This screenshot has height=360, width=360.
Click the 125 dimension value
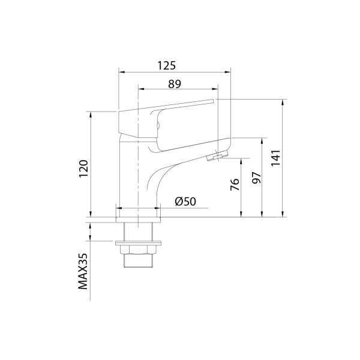(x=166, y=65)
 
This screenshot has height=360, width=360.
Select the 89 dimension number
(x=175, y=84)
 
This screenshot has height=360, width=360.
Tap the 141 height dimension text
(x=276, y=158)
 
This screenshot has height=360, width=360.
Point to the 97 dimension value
(x=256, y=178)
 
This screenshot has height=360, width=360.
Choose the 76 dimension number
(x=235, y=184)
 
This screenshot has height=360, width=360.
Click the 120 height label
(x=83, y=169)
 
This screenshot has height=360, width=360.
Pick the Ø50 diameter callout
(x=185, y=202)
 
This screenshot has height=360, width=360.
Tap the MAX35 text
(x=83, y=271)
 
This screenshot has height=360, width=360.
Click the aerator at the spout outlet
(x=217, y=157)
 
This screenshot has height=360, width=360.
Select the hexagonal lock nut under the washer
(x=138, y=250)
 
